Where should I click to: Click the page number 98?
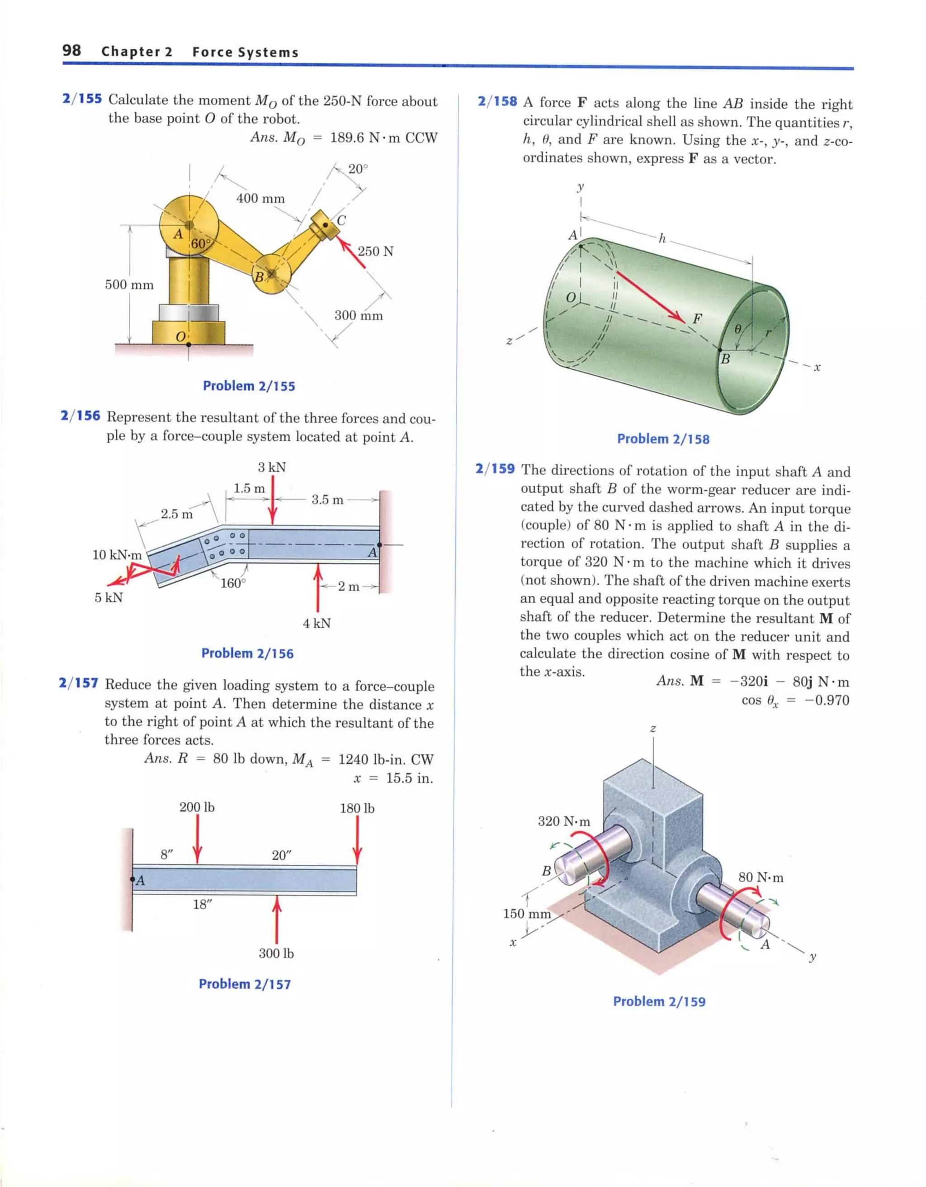[x=72, y=51]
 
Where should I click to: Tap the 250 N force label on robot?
[x=375, y=251]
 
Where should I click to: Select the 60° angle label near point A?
[x=199, y=243]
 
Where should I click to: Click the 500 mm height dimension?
[x=129, y=285]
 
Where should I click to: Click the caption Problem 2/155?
[x=249, y=386]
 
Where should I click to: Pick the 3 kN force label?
[x=272, y=467]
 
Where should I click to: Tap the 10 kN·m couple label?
[x=117, y=555]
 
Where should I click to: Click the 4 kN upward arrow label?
[x=317, y=623]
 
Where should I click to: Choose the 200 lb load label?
[x=197, y=808]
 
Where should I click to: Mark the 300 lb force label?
[x=276, y=953]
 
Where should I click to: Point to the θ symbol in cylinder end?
[x=737, y=329]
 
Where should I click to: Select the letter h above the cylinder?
[x=661, y=238]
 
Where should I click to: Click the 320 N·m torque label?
[x=564, y=821]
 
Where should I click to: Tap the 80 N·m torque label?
[x=761, y=877]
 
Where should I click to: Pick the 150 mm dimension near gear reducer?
[x=526, y=913]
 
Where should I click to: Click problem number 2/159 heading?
[x=495, y=468]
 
